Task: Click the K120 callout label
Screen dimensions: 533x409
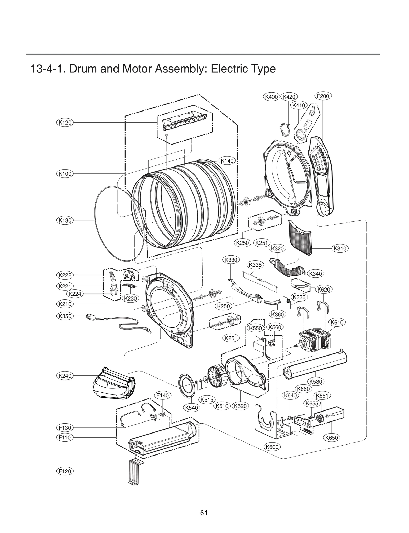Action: point(65,123)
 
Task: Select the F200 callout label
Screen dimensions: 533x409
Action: point(323,96)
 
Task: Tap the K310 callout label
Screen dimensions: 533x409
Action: point(340,248)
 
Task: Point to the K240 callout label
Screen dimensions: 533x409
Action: point(65,376)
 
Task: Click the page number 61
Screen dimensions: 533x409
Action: point(204,513)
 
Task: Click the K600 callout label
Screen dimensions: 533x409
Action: point(272,447)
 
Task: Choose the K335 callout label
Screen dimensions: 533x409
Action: point(255,265)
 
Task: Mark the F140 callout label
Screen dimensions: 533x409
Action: point(163,395)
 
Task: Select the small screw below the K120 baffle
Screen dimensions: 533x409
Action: point(166,135)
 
